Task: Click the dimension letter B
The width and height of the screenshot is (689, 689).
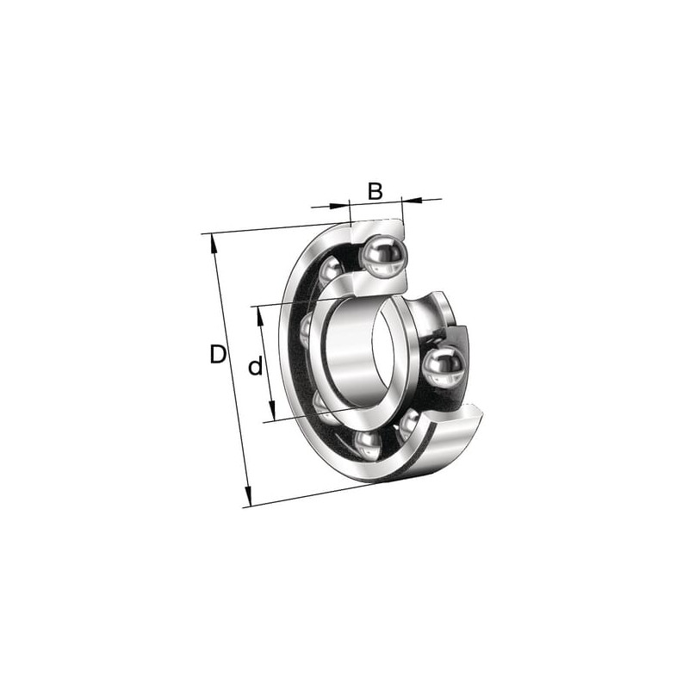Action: coord(375,191)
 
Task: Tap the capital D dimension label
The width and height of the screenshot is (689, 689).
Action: coord(218,355)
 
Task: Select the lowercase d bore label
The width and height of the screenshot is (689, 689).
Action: coord(255,365)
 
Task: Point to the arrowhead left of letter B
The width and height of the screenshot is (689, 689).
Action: coord(338,205)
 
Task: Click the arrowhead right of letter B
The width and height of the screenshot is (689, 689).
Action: coord(413,201)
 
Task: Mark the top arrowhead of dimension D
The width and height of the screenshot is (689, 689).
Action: coord(214,244)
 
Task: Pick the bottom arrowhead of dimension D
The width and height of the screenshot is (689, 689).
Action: coord(248,497)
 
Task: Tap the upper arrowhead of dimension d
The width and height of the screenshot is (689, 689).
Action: coord(260,316)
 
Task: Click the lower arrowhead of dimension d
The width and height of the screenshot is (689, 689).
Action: coord(272,411)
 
